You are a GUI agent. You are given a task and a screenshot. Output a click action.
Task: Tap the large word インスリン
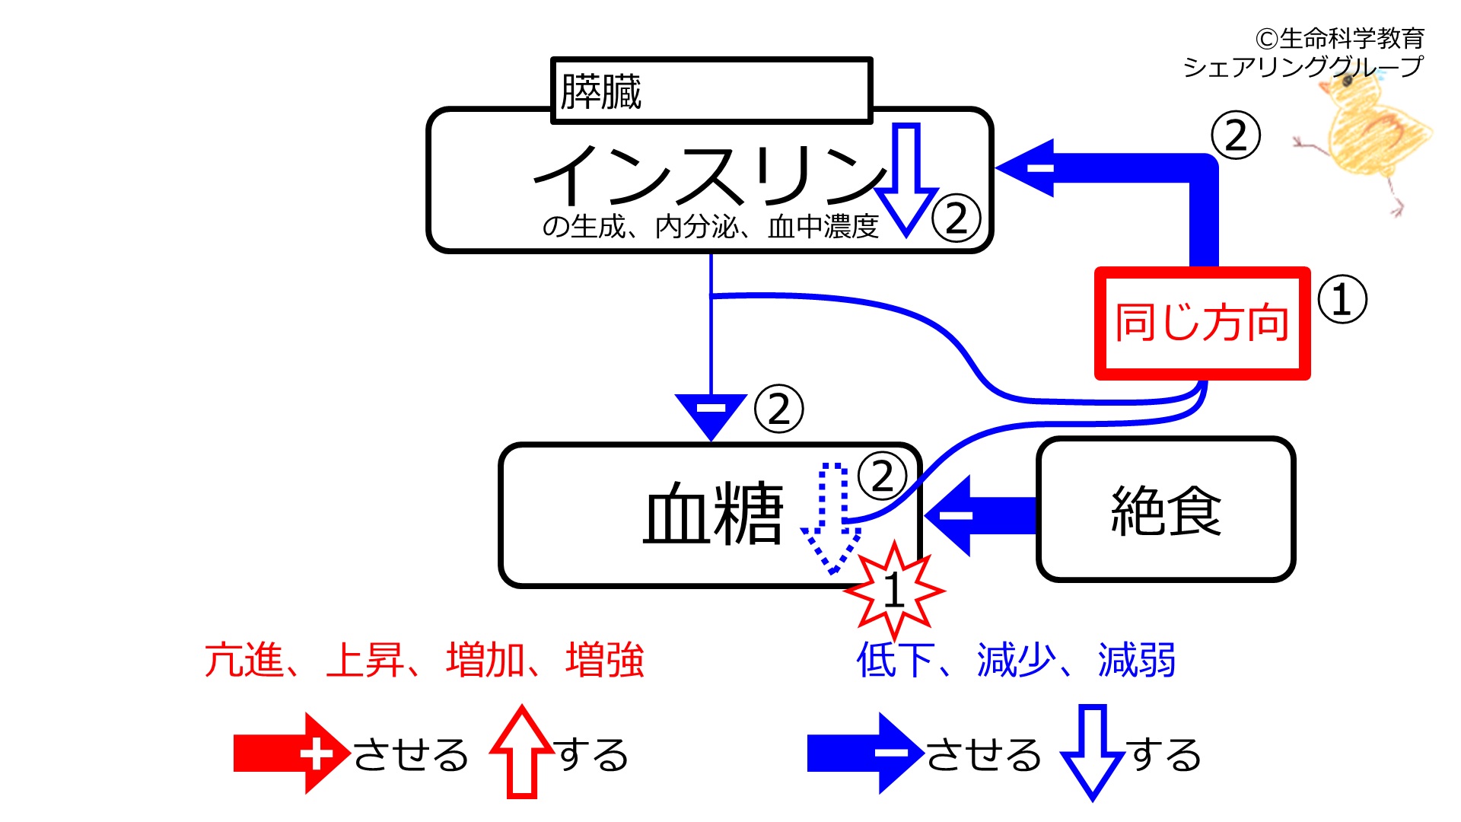point(711,175)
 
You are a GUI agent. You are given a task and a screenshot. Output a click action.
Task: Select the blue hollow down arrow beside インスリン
point(906,180)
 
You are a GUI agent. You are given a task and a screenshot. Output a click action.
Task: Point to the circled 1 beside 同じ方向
point(1342,299)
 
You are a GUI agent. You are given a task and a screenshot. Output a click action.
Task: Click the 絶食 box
point(1166,509)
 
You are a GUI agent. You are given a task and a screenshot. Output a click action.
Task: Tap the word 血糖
point(712,514)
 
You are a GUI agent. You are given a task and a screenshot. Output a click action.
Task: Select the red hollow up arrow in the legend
point(522,751)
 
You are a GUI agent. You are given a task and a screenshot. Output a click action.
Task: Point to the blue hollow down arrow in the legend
point(1093,753)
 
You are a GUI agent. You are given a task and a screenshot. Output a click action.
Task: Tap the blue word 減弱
point(1137,660)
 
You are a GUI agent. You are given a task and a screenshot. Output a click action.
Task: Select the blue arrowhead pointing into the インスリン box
point(1024,167)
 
